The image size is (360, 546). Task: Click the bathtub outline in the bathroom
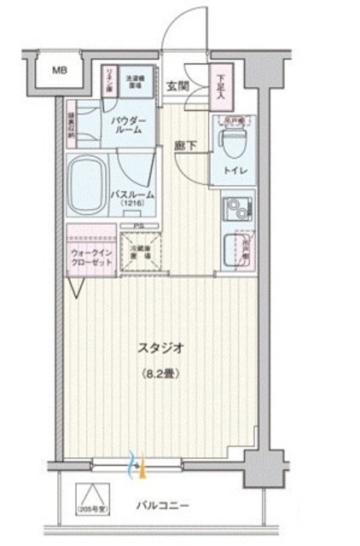[x=89, y=182]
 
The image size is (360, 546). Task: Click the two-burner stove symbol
[x=234, y=207]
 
